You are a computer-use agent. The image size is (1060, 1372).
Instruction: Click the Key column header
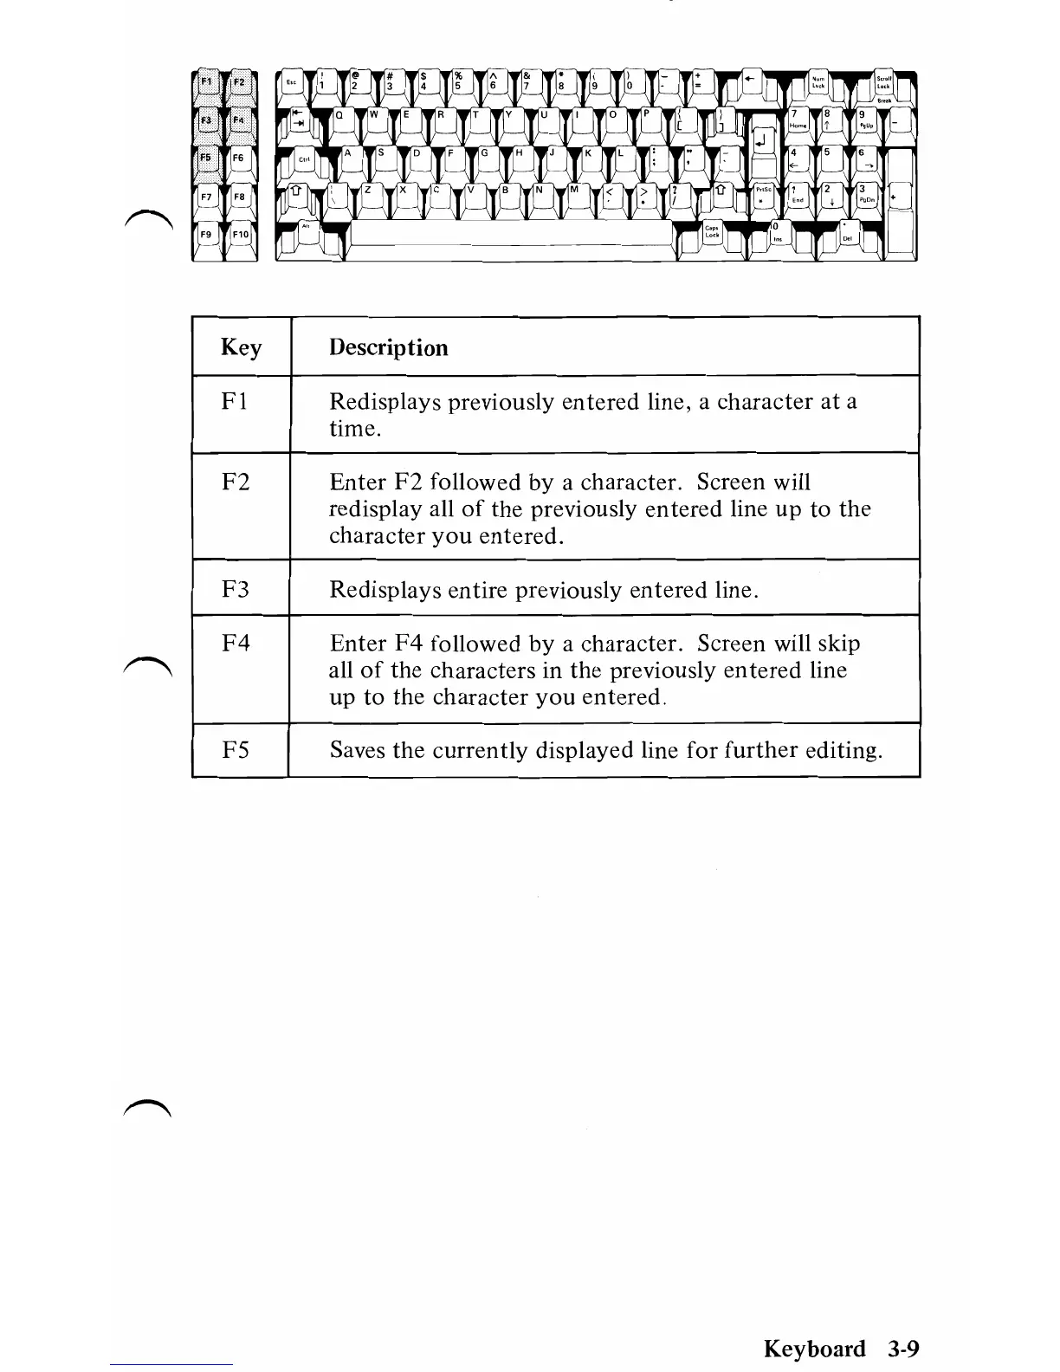click(x=241, y=347)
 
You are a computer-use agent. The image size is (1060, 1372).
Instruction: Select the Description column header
click(x=388, y=347)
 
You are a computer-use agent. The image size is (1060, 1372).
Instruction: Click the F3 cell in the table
click(x=236, y=589)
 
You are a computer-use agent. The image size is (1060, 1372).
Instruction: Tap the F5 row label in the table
click(x=236, y=749)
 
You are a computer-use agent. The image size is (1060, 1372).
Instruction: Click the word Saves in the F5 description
click(x=357, y=749)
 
